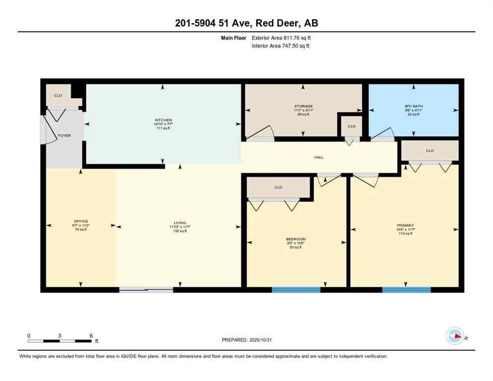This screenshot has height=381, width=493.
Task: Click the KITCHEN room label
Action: [163, 120]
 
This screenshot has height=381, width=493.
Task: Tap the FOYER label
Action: [64, 135]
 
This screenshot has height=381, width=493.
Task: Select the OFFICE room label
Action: [81, 221]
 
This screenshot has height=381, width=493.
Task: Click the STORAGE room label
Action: [303, 106]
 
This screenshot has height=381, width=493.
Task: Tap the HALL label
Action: [319, 157]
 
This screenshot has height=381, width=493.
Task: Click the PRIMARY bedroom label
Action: [405, 225]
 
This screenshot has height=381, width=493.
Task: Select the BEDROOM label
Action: [296, 239]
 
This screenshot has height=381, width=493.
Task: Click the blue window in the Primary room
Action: [406, 290]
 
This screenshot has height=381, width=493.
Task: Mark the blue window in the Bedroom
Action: [296, 290]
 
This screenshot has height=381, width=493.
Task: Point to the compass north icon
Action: [455, 336]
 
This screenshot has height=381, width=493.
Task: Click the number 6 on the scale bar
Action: [91, 335]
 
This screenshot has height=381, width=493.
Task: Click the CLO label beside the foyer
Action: [58, 95]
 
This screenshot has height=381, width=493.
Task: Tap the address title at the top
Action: [246, 23]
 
